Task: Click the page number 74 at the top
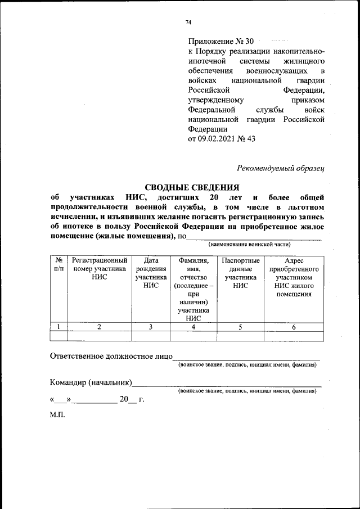[188, 22]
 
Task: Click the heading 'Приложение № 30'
[221, 42]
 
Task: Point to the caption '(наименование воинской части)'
[253, 245]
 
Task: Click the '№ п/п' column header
[58, 265]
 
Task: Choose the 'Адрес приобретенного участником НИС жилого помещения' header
[294, 277]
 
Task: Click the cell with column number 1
[58, 327]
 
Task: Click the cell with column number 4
[193, 327]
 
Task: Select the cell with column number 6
[294, 327]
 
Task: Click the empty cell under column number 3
[151, 336]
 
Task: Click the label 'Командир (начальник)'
[91, 383]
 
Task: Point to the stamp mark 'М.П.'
[57, 415]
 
